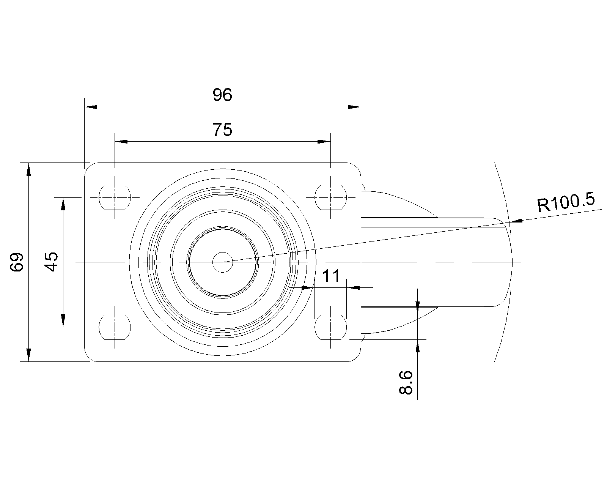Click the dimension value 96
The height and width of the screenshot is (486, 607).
[x=222, y=95]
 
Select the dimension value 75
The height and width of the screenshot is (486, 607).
[x=222, y=130]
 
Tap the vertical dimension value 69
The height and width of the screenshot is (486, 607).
[x=17, y=262]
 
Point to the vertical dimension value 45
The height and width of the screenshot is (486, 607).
[x=52, y=262]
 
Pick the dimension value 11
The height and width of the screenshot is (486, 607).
[x=331, y=276]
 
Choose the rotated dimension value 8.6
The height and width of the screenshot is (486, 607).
[x=406, y=383]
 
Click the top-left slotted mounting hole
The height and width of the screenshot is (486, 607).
[x=115, y=197]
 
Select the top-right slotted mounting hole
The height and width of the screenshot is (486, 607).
[x=331, y=197]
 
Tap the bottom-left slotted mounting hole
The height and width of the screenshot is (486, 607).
[x=115, y=327]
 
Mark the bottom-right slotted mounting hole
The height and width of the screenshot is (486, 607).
[x=331, y=327]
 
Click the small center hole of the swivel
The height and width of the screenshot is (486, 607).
[x=223, y=262]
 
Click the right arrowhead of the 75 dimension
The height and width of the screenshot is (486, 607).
[x=324, y=142]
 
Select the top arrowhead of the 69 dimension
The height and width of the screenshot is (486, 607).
[x=28, y=169]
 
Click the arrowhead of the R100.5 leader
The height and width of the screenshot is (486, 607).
[x=517, y=220]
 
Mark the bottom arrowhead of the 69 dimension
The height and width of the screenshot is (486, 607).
[x=28, y=355]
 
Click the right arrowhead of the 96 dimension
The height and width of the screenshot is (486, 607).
[x=354, y=107]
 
